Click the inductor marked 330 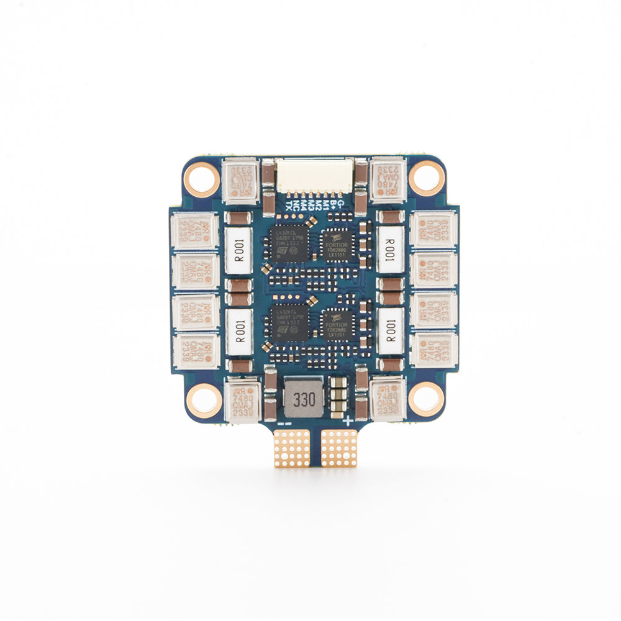click(x=304, y=397)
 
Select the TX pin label click(x=289, y=206)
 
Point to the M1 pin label click(x=326, y=206)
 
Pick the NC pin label click(x=296, y=206)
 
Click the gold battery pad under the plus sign click(x=339, y=448)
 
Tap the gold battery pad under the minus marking click(x=291, y=448)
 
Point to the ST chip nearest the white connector click(x=289, y=242)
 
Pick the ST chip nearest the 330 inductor click(x=289, y=324)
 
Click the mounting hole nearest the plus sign click(x=427, y=397)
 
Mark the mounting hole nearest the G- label click(x=427, y=176)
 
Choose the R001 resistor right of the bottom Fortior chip click(x=391, y=332)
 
